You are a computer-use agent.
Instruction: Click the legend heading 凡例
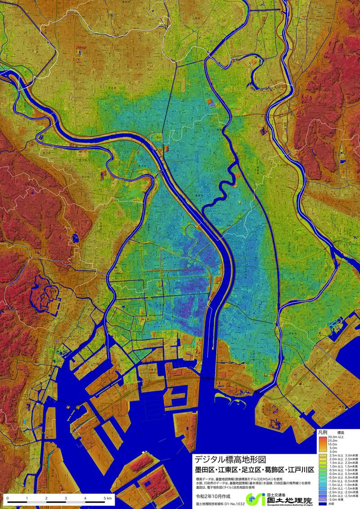point(323,432)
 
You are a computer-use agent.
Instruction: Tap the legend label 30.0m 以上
point(337,437)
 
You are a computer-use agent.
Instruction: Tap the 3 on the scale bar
point(66,498)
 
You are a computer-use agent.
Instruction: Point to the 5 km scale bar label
point(106,498)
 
